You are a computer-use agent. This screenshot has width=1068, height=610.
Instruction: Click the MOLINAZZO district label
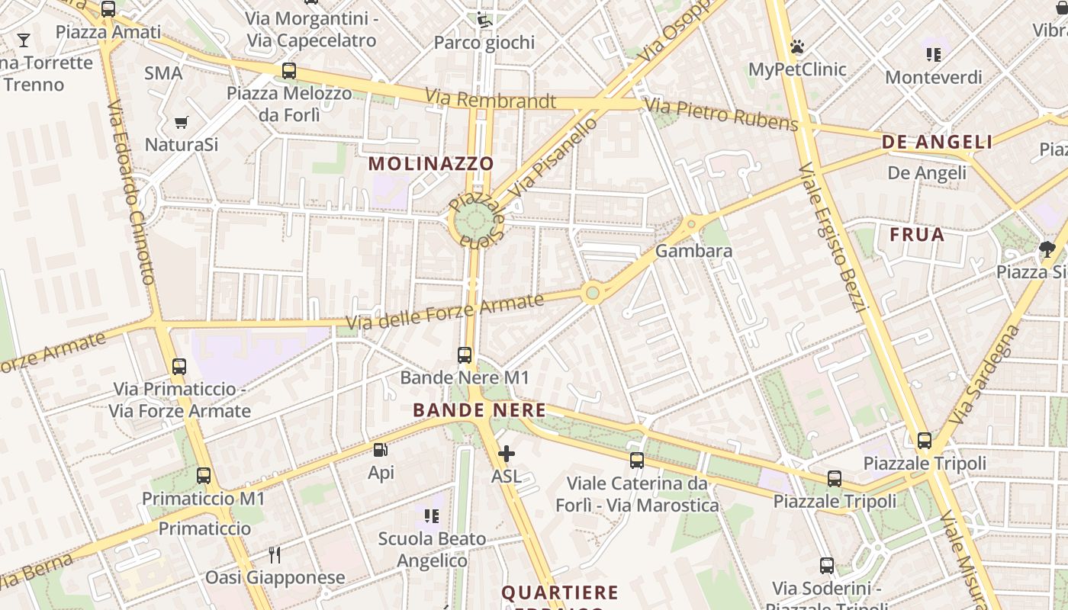click(431, 163)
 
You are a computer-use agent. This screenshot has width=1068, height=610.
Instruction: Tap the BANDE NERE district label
click(479, 410)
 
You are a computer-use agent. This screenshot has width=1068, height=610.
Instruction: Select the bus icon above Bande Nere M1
click(465, 355)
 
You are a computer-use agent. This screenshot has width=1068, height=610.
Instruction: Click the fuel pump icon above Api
click(381, 451)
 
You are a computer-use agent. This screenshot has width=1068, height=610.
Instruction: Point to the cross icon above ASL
click(506, 454)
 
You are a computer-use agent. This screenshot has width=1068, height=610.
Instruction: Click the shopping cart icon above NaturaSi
click(182, 122)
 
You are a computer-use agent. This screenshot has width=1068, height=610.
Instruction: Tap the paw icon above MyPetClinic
click(797, 47)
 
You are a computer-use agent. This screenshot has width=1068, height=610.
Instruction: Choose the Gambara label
click(693, 251)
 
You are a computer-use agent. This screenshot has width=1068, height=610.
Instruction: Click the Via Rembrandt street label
click(491, 98)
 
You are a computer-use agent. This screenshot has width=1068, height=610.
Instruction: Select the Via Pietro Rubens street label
click(721, 114)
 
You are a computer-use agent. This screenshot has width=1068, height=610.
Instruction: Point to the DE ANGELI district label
click(937, 142)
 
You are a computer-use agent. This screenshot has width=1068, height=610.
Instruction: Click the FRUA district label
click(917, 235)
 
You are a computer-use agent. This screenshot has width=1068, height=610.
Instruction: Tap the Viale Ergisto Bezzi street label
click(833, 237)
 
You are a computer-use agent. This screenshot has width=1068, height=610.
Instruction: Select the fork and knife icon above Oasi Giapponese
click(275, 554)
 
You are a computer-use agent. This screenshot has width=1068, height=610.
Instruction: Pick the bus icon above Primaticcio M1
click(204, 476)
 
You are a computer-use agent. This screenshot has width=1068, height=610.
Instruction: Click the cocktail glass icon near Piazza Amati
click(24, 40)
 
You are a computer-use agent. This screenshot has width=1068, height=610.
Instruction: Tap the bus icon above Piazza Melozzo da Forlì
click(289, 71)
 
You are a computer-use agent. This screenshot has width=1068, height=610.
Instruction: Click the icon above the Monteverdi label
click(933, 55)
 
